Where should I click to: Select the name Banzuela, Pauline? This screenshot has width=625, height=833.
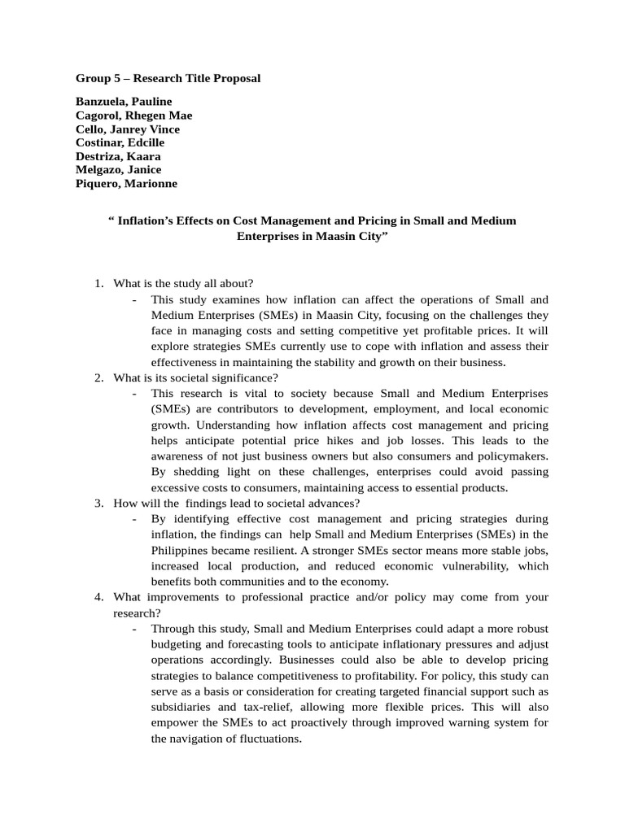(x=124, y=102)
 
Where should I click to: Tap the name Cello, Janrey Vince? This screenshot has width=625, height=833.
(x=128, y=129)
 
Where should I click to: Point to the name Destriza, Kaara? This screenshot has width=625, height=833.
(x=119, y=156)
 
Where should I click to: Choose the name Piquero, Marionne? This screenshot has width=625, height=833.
(x=126, y=184)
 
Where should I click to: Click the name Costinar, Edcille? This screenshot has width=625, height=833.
(x=120, y=142)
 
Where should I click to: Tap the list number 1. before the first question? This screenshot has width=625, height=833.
(x=98, y=283)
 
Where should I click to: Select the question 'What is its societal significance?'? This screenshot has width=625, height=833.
(x=196, y=377)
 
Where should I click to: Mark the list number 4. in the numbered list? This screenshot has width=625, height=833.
(x=98, y=597)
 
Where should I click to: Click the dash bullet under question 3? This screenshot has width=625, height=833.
(x=133, y=519)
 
